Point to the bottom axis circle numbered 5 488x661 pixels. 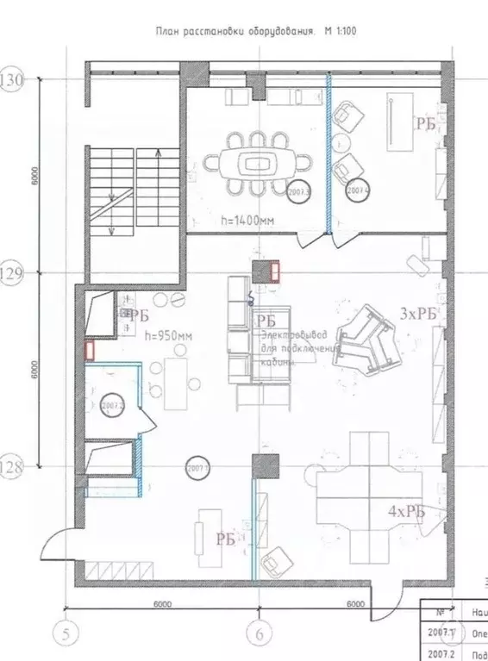[66, 635]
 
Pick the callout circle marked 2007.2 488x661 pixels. [113, 404]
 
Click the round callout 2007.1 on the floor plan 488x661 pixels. [198, 468]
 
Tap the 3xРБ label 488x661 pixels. [419, 315]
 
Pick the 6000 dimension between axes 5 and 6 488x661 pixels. [162, 604]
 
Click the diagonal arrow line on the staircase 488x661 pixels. [111, 203]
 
